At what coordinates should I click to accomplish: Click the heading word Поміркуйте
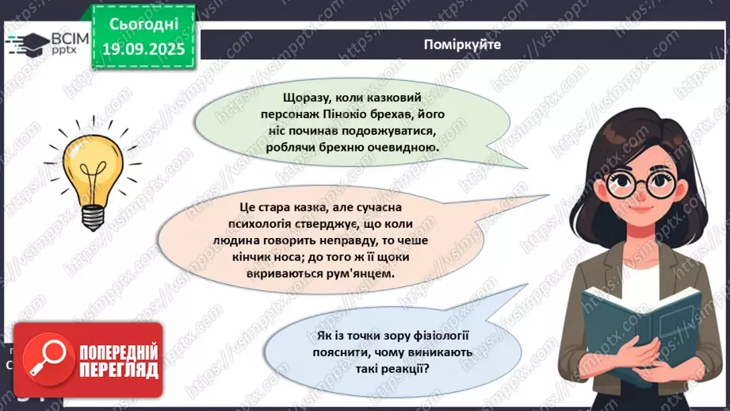click(462, 44)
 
